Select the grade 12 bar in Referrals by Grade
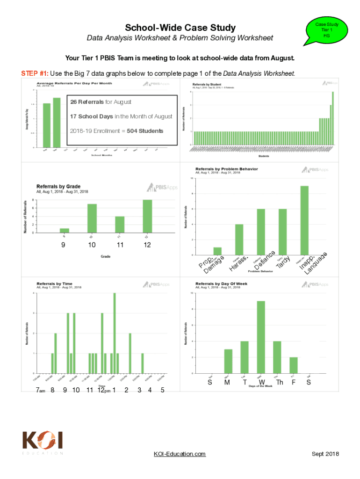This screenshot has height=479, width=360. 147,216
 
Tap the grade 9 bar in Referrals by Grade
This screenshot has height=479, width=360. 65,230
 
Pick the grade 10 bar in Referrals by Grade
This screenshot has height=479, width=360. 92,218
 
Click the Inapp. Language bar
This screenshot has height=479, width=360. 304,220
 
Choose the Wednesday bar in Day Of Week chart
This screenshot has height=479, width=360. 261,337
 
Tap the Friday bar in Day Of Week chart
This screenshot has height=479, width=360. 293,365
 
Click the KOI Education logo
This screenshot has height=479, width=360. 43,443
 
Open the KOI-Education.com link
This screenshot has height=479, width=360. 180,454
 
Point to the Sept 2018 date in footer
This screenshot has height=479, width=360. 325,454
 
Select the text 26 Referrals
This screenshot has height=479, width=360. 88,102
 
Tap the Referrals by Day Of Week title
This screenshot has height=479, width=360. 221,284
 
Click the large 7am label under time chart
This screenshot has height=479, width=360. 40,391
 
